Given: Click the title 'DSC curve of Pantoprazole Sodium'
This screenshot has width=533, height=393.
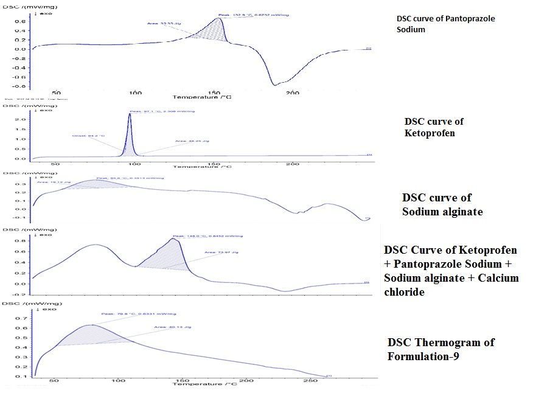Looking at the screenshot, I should [442, 24].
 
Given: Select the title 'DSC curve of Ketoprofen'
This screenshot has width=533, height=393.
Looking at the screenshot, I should [434, 127].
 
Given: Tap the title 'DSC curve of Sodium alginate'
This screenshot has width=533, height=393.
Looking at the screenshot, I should [437, 204].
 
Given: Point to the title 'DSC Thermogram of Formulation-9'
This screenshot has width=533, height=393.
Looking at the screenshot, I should [441, 349].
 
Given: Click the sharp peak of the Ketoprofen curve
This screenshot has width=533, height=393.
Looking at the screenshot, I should [129, 116].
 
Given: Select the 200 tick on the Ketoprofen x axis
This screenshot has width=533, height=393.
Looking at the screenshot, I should [293, 164].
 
